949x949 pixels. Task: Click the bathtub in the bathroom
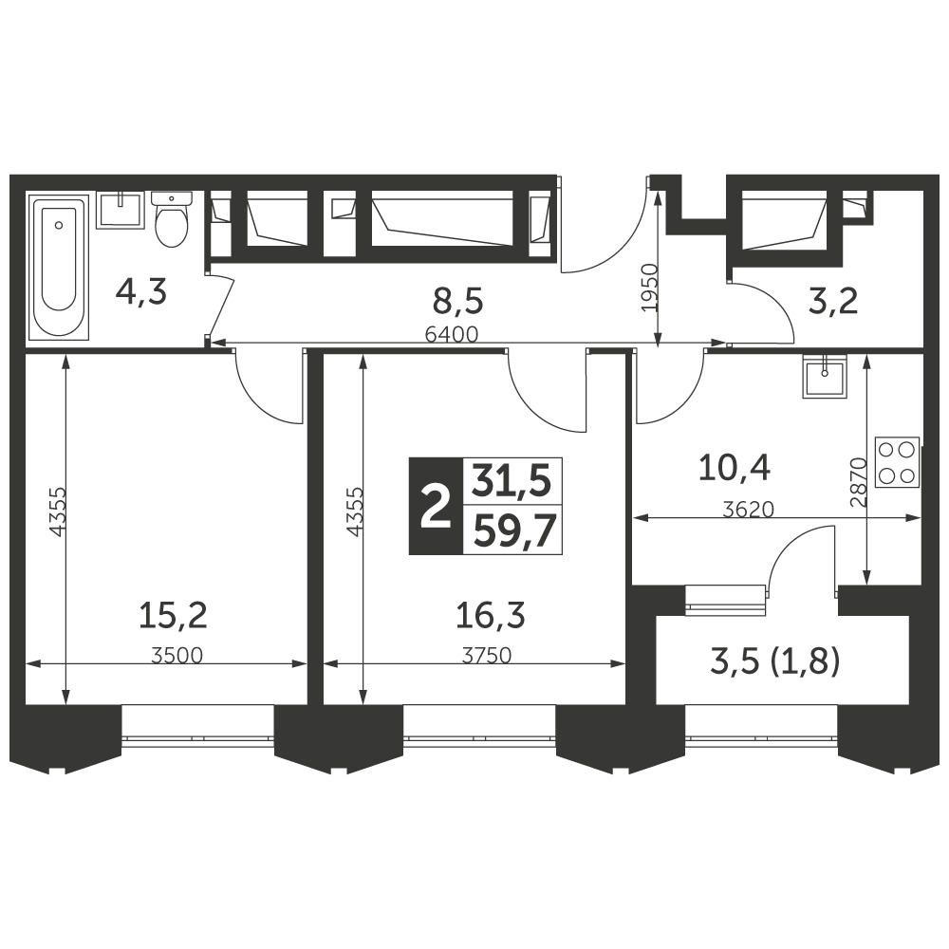tap(59, 267)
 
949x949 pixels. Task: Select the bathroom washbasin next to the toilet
tap(121, 210)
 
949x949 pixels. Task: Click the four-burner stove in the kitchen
tap(897, 461)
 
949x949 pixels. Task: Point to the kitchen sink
tap(824, 376)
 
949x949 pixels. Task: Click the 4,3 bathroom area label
tap(141, 292)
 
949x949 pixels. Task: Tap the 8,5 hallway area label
tap(459, 301)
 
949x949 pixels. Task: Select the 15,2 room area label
tap(173, 616)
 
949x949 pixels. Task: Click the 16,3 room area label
tap(491, 616)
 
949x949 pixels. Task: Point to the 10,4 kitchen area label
tap(735, 468)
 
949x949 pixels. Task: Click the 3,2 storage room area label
tap(833, 301)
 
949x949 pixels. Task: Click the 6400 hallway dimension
tap(452, 334)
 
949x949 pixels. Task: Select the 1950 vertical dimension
tap(649, 287)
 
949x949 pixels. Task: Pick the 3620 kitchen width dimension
tap(749, 510)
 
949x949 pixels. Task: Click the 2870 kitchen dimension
tap(859, 482)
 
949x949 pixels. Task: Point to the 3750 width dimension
tap(487, 656)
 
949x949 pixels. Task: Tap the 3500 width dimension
tap(177, 656)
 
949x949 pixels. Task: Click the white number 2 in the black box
tap(436, 506)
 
